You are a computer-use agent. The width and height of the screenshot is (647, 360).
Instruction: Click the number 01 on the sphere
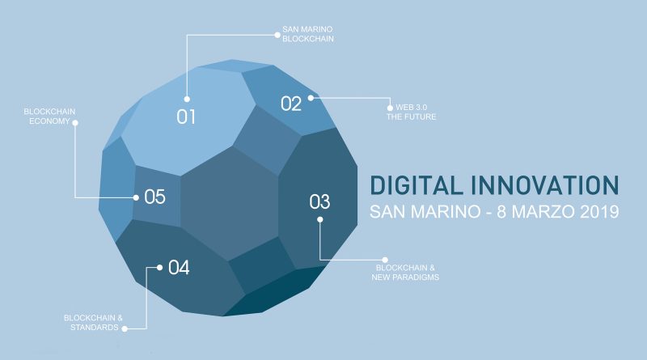[x=186, y=116]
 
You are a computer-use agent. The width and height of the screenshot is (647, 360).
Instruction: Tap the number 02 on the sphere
[x=291, y=104]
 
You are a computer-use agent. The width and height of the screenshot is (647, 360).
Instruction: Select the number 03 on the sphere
[x=319, y=202]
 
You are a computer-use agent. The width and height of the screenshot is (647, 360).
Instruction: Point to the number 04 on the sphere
[x=179, y=268]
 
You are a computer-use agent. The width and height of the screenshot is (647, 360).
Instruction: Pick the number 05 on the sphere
[x=154, y=197]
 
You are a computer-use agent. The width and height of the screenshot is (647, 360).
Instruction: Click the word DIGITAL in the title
[x=416, y=185]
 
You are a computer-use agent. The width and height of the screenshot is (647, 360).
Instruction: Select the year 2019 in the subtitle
[x=599, y=212]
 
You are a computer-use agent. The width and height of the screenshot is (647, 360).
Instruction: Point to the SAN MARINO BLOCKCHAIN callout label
[x=308, y=34]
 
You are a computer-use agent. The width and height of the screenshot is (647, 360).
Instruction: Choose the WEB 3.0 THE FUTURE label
[x=411, y=112]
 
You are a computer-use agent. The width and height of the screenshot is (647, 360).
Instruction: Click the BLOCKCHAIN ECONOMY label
[x=49, y=116]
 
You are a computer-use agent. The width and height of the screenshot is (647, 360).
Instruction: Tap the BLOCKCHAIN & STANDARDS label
[x=93, y=323]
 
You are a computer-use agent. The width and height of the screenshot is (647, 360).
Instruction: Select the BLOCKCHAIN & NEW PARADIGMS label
[x=405, y=273]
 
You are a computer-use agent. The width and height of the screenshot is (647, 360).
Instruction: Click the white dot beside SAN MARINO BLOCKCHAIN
[x=277, y=35]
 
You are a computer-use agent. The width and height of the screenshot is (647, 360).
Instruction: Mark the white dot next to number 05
[x=136, y=197]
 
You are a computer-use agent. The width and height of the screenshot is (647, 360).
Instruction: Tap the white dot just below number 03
[x=319, y=219]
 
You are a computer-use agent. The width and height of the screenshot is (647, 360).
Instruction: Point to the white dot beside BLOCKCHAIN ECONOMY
[x=75, y=123]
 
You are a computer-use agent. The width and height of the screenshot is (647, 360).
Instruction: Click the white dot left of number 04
[x=159, y=268]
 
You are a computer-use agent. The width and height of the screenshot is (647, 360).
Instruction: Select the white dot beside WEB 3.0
[x=390, y=108]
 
